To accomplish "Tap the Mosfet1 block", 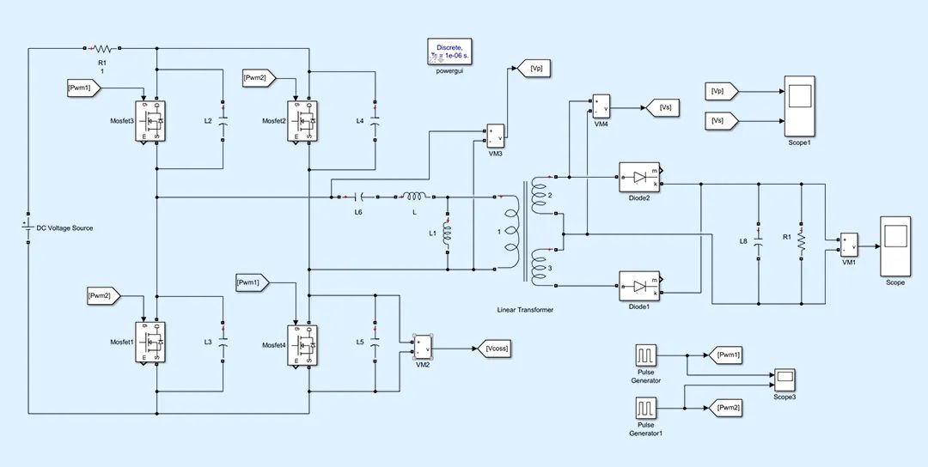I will click(x=150, y=343).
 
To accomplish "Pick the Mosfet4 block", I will click(x=303, y=343).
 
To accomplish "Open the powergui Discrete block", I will click(x=450, y=52).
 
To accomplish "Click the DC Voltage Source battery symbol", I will click(x=28, y=228).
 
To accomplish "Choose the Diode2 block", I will click(x=639, y=177).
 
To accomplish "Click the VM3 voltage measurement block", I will click(x=496, y=135).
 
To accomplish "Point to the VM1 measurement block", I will click(x=849, y=245).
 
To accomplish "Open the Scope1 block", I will click(x=799, y=106).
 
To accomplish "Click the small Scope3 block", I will click(x=784, y=378).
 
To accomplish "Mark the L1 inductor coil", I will click(x=447, y=233).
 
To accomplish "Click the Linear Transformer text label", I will click(x=525, y=309).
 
